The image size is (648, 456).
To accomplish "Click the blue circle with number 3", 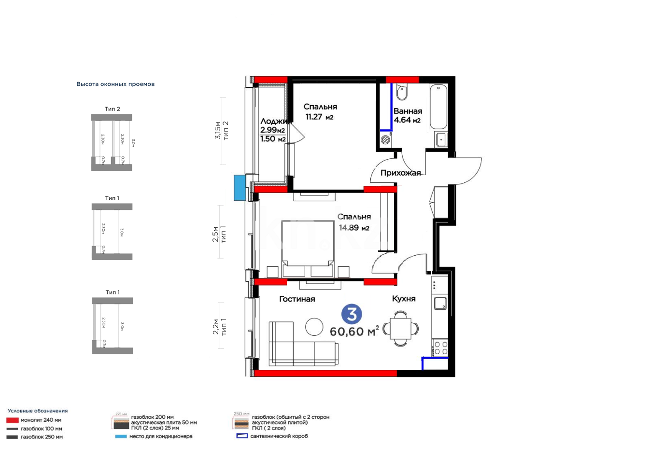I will click(352, 314).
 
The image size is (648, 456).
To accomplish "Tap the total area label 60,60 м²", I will click(354, 332).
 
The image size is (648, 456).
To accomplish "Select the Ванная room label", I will click(408, 111).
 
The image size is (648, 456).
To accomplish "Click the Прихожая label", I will click(400, 173).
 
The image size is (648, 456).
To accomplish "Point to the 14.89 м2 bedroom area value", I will click(354, 228).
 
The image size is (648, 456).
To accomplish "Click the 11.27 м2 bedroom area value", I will click(319, 117).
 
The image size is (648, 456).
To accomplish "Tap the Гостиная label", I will click(297, 299).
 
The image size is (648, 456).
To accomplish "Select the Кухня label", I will click(404, 299).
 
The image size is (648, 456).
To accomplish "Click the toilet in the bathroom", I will click(402, 91).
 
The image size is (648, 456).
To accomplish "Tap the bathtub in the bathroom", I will click(438, 107).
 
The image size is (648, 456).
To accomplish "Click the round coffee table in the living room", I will click(314, 327).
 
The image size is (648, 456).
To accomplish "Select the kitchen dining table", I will click(400, 329).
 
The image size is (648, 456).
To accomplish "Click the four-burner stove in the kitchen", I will click(440, 348).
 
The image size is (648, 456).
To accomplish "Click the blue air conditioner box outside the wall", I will click(239, 188).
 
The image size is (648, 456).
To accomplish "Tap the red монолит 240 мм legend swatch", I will click(12, 420).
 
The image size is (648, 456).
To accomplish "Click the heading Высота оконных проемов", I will click(115, 84).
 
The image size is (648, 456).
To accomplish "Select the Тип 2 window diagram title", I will click(112, 109).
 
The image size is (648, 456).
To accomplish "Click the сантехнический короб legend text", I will click(279, 436).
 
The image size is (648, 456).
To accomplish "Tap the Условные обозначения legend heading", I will click(38, 411).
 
